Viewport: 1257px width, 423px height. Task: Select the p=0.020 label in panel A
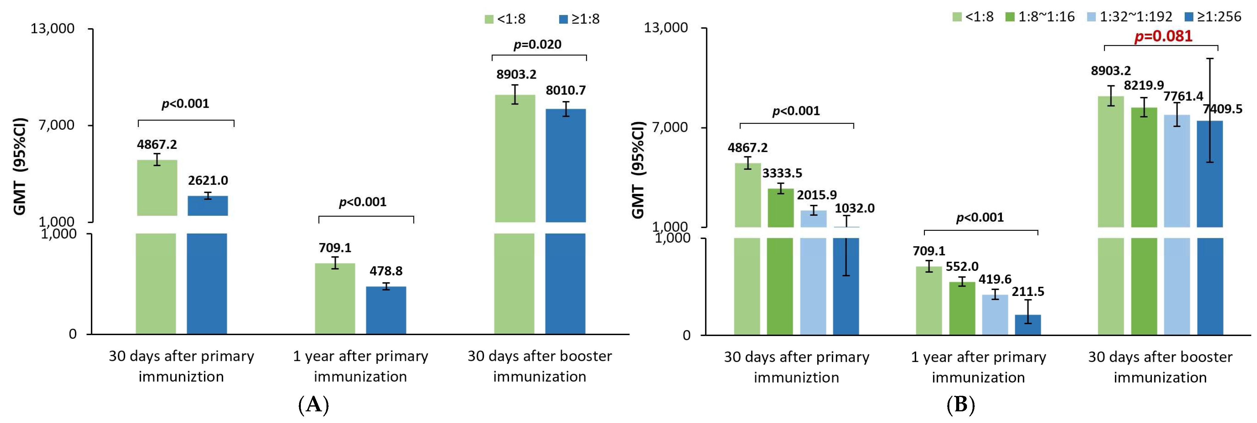(x=537, y=45)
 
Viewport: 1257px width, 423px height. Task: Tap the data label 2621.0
(x=208, y=181)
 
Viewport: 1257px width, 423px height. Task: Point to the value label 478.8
(x=386, y=271)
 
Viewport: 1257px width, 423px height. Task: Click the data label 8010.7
(x=565, y=90)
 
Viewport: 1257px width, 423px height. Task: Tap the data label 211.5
(x=1028, y=292)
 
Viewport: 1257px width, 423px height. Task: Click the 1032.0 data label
(x=854, y=209)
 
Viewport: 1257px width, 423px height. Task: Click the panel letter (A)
(x=313, y=405)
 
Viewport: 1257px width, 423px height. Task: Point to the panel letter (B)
(x=960, y=405)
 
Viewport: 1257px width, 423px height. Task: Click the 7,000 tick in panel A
(x=56, y=125)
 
